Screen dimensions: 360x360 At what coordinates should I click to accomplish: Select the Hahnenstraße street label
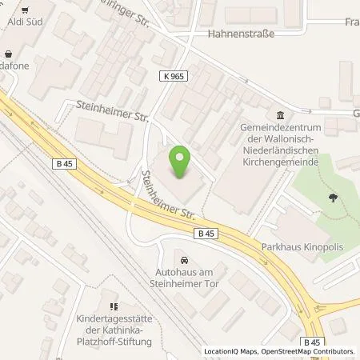click(x=241, y=34)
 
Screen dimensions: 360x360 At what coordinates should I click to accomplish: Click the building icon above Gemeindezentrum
click(x=278, y=114)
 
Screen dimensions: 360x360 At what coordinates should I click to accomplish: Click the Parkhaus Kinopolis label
click(x=302, y=247)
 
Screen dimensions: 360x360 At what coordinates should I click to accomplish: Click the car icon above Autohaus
click(x=186, y=261)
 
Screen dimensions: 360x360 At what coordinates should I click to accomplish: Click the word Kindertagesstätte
click(x=113, y=318)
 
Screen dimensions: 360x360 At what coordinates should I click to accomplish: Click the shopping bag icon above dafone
click(x=7, y=55)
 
